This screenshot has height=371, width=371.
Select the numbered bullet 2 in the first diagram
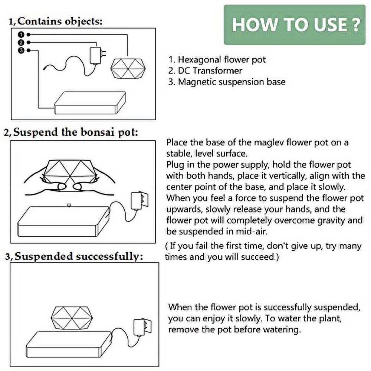(22, 42)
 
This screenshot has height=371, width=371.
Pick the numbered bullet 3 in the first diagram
(22, 50)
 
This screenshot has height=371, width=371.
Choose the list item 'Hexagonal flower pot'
(217, 60)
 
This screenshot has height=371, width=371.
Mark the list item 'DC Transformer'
(205, 70)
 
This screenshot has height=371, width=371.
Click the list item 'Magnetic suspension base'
(227, 82)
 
